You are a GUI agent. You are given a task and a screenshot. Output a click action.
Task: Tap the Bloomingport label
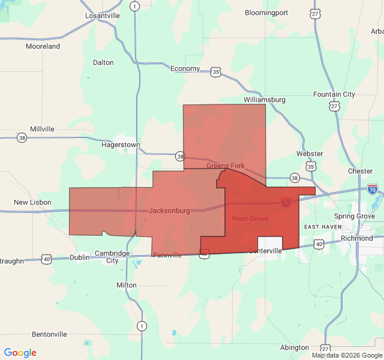[x=266, y=13]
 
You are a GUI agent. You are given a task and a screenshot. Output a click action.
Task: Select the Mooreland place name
[x=43, y=46]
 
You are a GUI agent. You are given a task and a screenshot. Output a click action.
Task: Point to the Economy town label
[x=185, y=68]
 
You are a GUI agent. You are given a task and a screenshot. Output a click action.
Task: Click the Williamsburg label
[x=265, y=99]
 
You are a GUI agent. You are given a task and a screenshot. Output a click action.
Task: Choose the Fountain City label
[x=334, y=94]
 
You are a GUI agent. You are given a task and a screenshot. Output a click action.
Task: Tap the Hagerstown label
[x=121, y=145]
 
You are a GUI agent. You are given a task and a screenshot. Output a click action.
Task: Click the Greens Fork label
[x=225, y=165]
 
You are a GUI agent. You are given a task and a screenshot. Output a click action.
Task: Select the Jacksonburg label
[x=169, y=211]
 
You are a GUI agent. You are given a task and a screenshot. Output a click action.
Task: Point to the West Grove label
[x=250, y=218]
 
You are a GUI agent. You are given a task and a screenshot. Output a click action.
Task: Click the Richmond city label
[x=356, y=238]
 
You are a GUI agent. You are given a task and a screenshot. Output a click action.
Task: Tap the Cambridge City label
[x=112, y=256]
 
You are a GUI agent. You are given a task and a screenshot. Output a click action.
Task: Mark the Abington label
[x=294, y=347]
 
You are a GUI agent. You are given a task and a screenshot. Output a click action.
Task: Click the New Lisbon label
[x=32, y=202]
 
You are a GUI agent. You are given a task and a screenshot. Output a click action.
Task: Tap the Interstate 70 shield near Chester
[x=372, y=190]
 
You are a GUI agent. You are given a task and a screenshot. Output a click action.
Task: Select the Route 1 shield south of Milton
[x=141, y=326]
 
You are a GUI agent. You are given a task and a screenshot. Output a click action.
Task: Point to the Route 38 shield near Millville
[x=22, y=137]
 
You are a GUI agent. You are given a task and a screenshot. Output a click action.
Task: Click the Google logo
[x=20, y=353]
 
